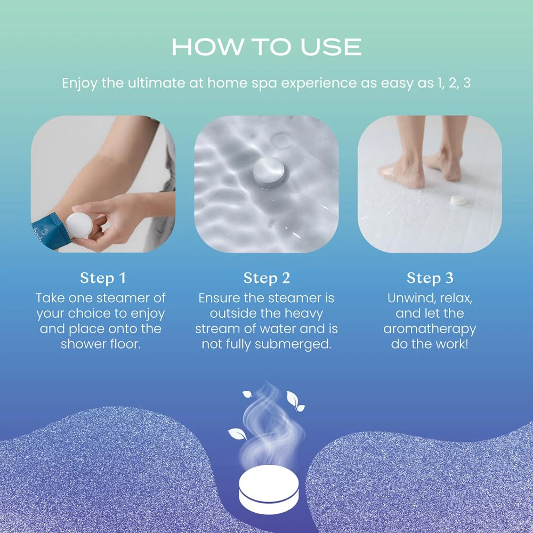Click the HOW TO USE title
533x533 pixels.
coord(266,47)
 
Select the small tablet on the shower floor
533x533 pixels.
coord(457,200)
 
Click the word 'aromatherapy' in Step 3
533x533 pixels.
coord(430,329)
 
